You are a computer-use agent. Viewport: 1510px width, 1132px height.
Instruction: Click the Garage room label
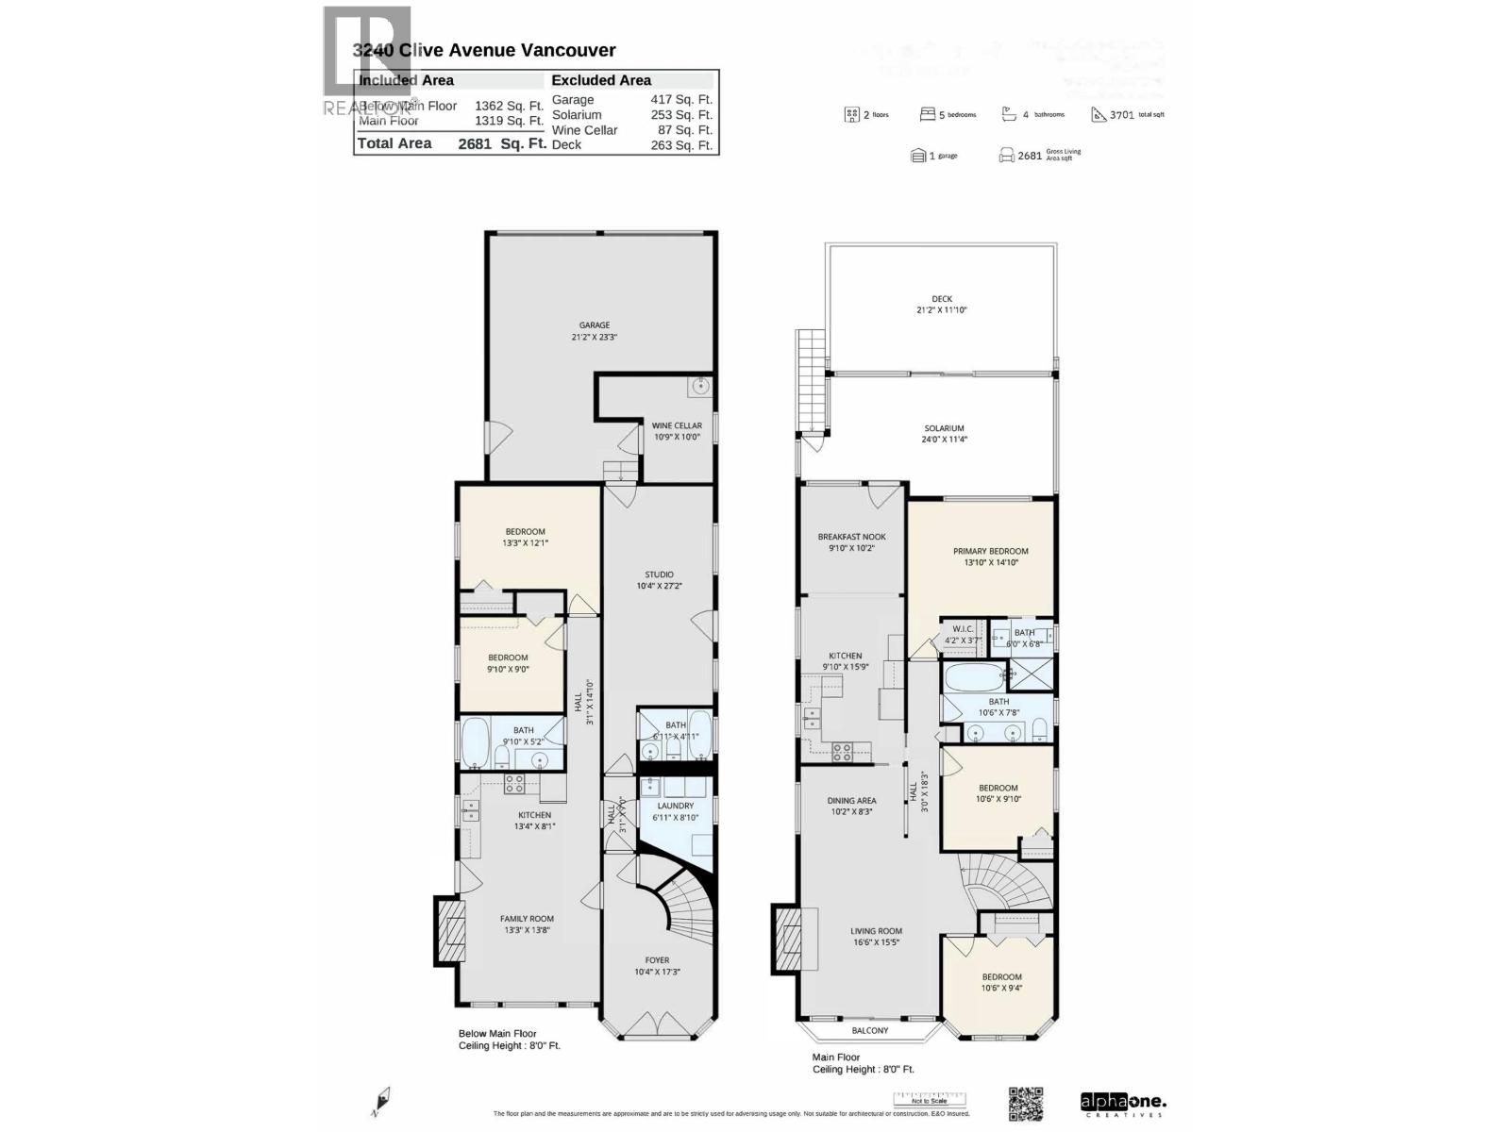click(x=594, y=330)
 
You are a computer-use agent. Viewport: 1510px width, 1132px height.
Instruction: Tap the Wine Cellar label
click(x=677, y=431)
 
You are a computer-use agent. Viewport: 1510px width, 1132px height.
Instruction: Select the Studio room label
click(x=659, y=579)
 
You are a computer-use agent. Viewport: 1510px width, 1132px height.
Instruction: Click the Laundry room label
click(x=675, y=811)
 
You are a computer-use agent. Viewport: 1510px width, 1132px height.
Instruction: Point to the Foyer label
click(x=657, y=965)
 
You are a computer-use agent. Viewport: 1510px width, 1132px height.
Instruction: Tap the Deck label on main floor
click(x=941, y=304)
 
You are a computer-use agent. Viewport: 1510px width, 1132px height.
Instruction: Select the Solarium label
click(x=944, y=433)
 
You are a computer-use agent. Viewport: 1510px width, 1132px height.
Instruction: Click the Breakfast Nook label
click(x=851, y=541)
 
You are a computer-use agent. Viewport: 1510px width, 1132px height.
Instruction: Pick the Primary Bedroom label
click(x=990, y=556)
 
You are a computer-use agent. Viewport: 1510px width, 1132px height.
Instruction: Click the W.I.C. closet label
click(x=963, y=634)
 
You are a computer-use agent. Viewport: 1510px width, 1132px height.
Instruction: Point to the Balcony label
click(x=869, y=1031)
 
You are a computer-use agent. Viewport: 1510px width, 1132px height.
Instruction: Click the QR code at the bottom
click(x=1026, y=1103)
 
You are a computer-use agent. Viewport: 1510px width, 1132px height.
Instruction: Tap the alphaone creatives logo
click(x=1123, y=1103)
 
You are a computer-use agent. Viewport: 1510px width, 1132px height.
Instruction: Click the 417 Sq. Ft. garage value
click(x=680, y=99)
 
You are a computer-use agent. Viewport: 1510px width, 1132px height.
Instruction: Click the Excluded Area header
click(x=601, y=80)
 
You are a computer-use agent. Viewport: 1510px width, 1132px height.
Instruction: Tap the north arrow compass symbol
click(x=381, y=1100)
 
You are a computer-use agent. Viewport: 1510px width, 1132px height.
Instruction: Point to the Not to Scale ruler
click(x=930, y=1099)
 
